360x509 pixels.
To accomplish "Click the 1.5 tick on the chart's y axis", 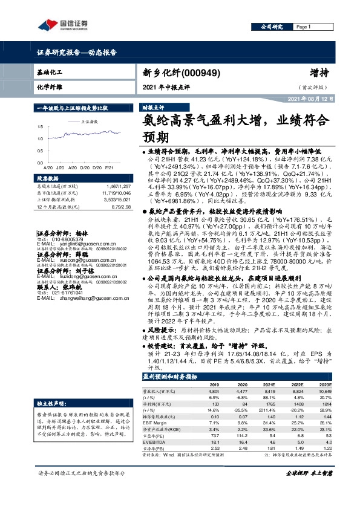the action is (x=40, y=127).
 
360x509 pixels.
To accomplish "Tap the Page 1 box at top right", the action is (x=304, y=27).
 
